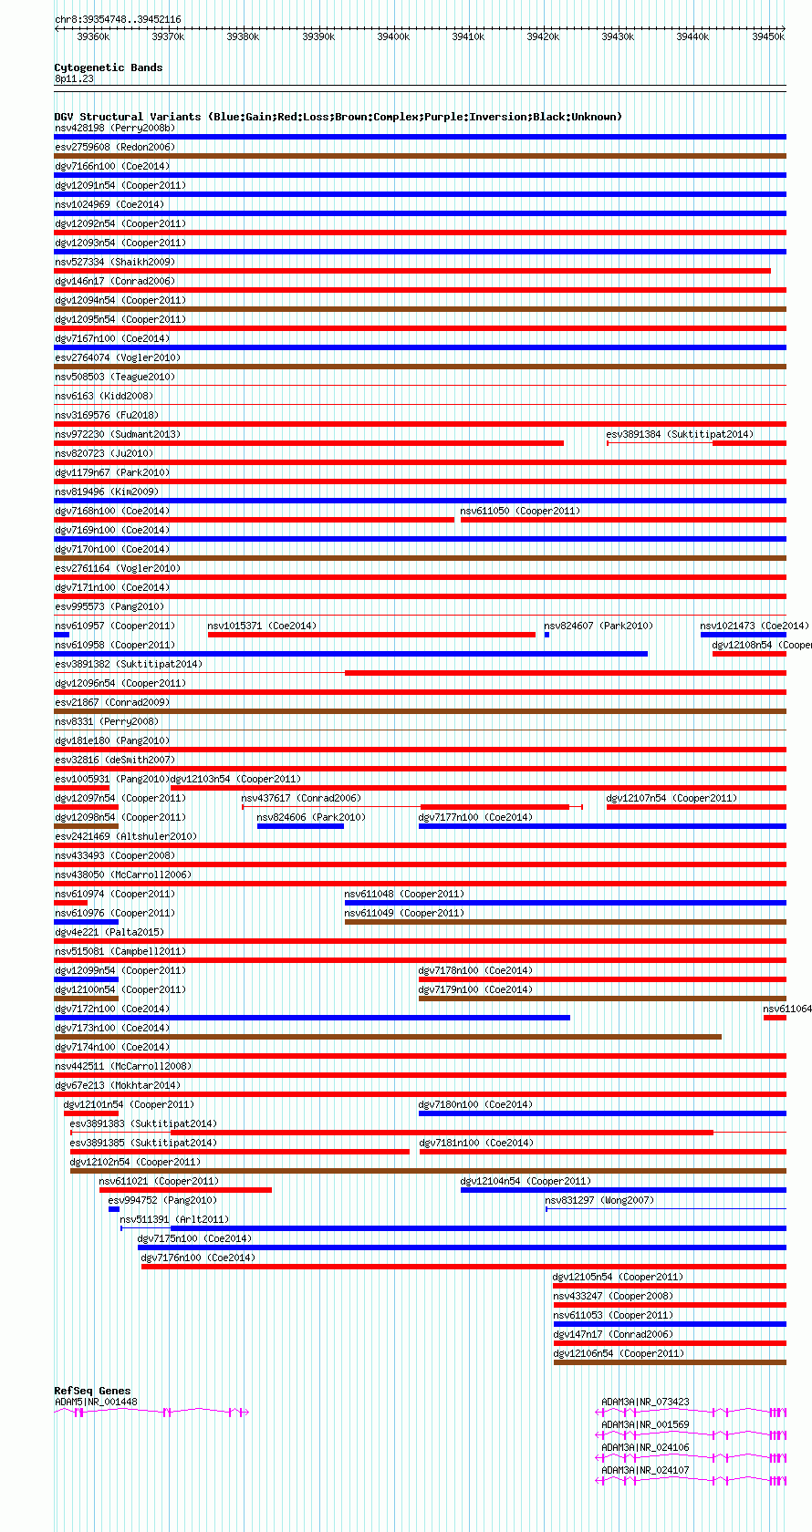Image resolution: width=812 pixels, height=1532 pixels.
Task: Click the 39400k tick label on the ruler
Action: coord(393,36)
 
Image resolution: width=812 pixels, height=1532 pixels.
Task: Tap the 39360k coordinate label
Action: coord(93,36)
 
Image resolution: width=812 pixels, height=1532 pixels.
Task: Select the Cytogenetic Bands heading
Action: coord(108,67)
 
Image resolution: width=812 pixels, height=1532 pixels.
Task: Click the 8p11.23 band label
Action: coord(74,79)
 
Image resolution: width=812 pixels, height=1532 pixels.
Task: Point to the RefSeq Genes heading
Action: coord(92,1391)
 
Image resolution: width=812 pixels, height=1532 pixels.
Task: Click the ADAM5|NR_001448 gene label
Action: coord(96,1402)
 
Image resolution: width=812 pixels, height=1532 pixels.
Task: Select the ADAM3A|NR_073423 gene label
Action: coord(645,1402)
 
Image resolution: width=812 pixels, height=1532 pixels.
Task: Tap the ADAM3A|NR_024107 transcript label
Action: coord(645,1470)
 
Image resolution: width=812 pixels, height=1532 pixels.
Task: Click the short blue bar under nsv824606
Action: coord(300,826)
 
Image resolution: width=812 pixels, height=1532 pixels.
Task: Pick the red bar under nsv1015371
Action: coord(371,635)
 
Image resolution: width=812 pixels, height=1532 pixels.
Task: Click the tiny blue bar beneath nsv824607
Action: coord(547,635)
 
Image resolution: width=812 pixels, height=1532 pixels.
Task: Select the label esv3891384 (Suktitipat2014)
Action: coord(680,434)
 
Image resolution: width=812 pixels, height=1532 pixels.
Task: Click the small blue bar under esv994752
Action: coord(114,1209)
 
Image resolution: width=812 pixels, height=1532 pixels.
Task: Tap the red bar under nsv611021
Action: coord(185,1190)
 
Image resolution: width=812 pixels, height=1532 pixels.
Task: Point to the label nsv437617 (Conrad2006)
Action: coord(300,798)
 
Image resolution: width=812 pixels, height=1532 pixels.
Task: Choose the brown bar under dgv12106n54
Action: coord(669,1362)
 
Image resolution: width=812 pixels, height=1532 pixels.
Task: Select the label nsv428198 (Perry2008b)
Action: coord(115,128)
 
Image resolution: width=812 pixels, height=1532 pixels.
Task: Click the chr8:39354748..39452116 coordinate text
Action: coord(118,19)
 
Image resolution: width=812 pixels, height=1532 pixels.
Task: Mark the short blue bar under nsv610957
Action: coord(61,635)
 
